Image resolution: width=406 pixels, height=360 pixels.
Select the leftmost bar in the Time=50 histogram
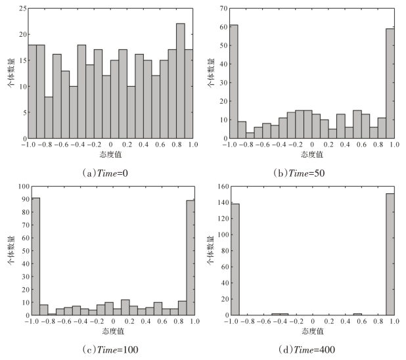234,81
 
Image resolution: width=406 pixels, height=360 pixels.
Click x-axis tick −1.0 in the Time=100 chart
28,323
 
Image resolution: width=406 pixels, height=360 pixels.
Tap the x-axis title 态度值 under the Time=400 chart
312,331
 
